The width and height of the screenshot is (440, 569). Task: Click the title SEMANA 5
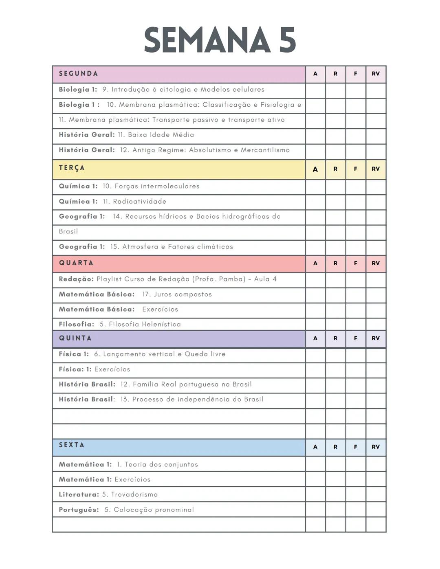(x=220, y=40)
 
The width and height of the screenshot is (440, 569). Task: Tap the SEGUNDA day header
(x=79, y=74)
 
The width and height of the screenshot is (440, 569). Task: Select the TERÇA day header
(x=72, y=168)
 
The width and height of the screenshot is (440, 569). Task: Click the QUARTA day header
(x=76, y=263)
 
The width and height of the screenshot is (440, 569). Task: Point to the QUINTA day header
(x=75, y=338)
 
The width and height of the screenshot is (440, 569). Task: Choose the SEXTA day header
(x=72, y=445)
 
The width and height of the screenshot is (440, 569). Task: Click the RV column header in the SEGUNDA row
(x=376, y=74)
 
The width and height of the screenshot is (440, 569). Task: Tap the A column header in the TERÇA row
(x=315, y=169)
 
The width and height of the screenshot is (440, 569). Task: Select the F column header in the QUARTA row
(x=356, y=264)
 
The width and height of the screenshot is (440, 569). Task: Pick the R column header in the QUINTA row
(x=335, y=338)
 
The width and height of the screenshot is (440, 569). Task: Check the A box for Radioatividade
(x=315, y=202)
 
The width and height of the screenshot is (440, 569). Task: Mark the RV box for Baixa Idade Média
(x=376, y=136)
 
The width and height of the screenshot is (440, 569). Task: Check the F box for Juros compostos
(x=356, y=295)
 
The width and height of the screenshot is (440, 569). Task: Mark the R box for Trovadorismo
(x=335, y=494)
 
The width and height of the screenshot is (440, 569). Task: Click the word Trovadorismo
(x=134, y=494)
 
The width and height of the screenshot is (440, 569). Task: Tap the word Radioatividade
(x=139, y=202)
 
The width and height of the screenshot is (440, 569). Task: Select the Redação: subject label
(x=76, y=279)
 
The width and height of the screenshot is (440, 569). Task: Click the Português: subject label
(x=79, y=510)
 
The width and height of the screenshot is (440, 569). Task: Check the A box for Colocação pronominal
(x=315, y=510)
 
